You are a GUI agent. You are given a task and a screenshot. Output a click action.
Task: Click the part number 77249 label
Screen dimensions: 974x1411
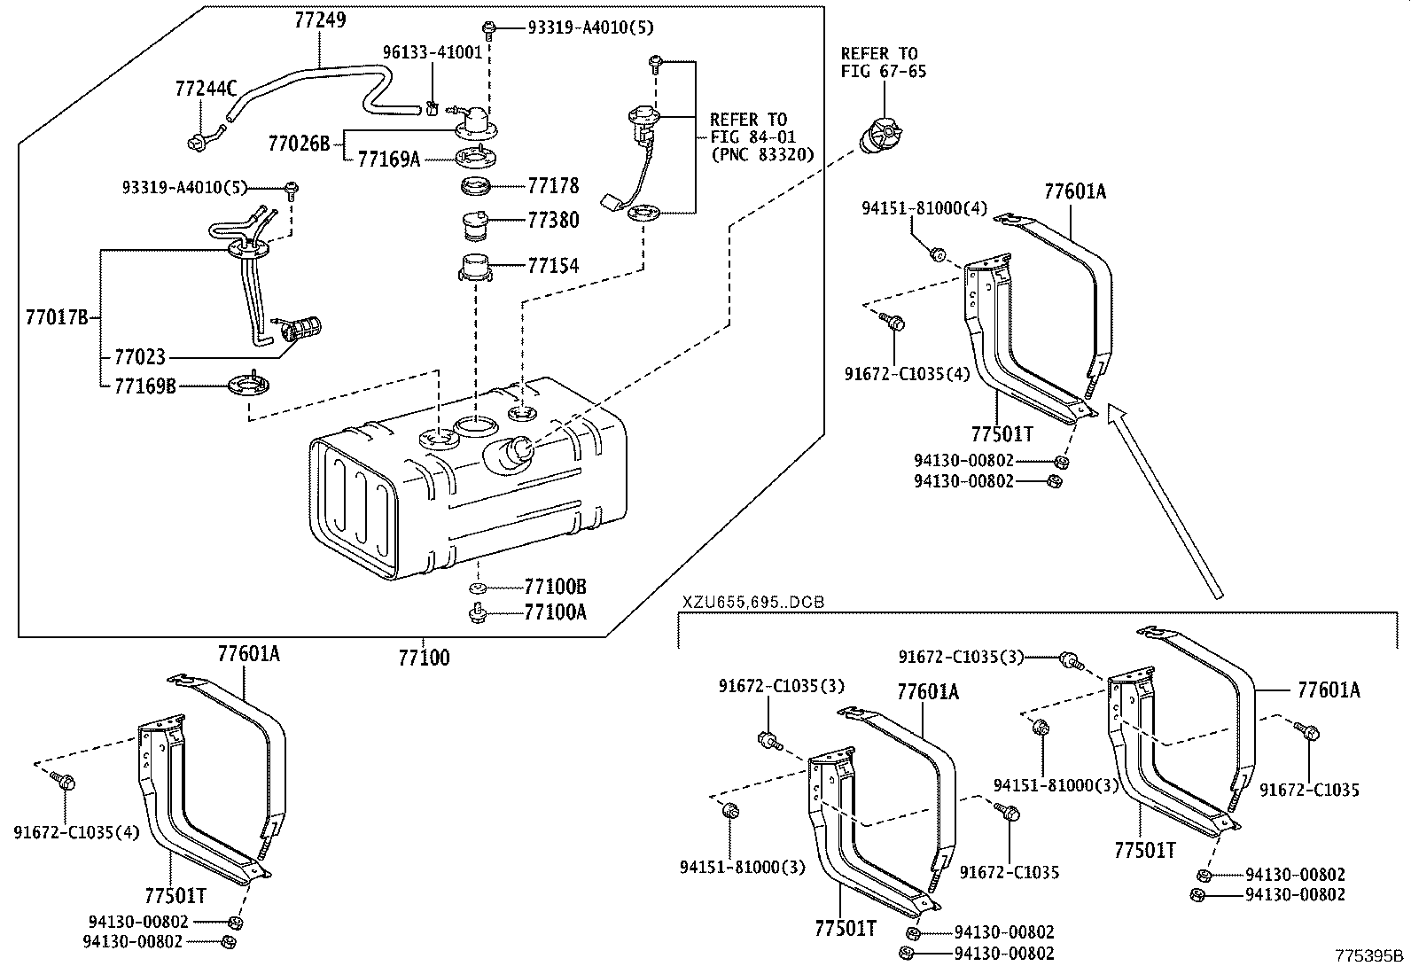[320, 19]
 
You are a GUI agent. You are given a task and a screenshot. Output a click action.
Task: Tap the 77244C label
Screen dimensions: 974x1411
[206, 88]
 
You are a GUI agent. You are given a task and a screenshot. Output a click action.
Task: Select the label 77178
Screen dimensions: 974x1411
[553, 186]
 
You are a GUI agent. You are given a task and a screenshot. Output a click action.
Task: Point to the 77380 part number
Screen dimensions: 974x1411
[553, 220]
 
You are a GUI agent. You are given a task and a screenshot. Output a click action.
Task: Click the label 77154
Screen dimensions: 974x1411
[553, 265]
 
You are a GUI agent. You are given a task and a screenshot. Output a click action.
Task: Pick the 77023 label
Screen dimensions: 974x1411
[139, 357]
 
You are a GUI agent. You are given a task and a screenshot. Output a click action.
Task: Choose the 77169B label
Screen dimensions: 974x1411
[144, 386]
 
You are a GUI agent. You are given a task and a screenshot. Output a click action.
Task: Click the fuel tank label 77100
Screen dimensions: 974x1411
[424, 658]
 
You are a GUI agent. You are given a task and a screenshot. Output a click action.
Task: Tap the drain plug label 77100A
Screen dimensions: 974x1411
[556, 612]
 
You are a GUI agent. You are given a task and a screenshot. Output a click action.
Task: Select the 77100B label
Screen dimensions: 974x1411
[556, 587]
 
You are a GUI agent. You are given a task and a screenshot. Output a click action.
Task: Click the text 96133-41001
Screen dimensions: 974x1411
[433, 52]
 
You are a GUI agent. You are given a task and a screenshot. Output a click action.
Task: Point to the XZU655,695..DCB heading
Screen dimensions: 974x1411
[752, 602]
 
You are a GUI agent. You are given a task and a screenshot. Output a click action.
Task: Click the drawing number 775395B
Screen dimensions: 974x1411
[1370, 955]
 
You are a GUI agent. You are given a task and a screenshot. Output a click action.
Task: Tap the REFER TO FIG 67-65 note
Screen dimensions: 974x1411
[883, 63]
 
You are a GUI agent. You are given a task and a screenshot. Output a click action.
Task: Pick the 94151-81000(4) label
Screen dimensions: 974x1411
[924, 208]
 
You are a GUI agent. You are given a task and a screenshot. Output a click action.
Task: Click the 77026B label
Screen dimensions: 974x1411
[299, 142]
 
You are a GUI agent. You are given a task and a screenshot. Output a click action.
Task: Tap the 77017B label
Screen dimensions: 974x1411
[57, 317]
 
